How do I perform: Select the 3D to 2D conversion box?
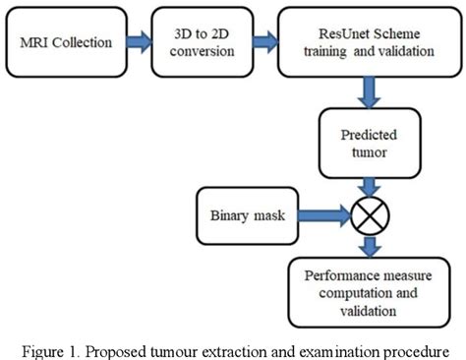coord(202,44)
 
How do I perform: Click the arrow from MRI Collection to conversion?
coord(137,43)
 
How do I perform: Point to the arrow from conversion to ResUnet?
coord(262,43)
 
